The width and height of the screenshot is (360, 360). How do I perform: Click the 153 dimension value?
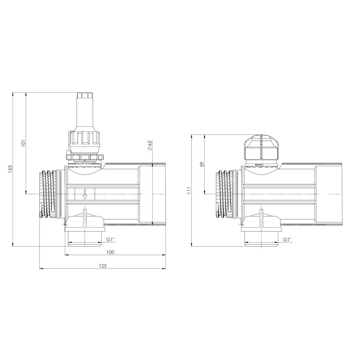tap(10, 169)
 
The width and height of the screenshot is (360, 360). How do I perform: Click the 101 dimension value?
tap(23, 143)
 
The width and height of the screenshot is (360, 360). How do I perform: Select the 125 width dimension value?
tap(103, 266)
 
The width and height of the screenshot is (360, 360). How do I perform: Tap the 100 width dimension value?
tap(110, 252)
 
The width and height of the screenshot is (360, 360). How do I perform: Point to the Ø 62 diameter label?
tap(150, 145)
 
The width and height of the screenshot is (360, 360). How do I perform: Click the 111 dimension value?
tap(189, 191)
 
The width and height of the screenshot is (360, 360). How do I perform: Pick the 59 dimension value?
tap(202, 165)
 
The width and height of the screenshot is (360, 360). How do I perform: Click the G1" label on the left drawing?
tap(111, 239)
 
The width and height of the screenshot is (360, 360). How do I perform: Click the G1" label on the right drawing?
tap(287, 239)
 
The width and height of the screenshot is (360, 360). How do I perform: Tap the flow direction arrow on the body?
tap(85, 194)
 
